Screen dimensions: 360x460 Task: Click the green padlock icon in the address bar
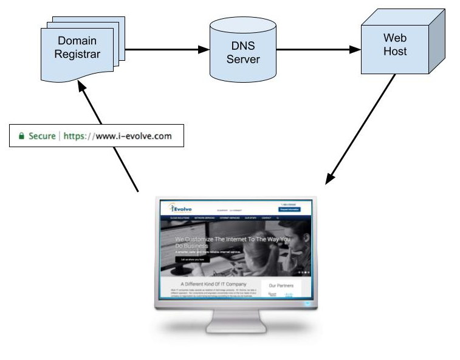click(x=21, y=136)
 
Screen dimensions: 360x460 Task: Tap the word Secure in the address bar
click(x=41, y=136)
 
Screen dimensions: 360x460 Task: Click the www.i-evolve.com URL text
click(x=133, y=136)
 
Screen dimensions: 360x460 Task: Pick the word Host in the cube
click(x=394, y=52)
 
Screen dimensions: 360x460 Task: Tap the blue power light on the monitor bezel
click(x=308, y=302)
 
